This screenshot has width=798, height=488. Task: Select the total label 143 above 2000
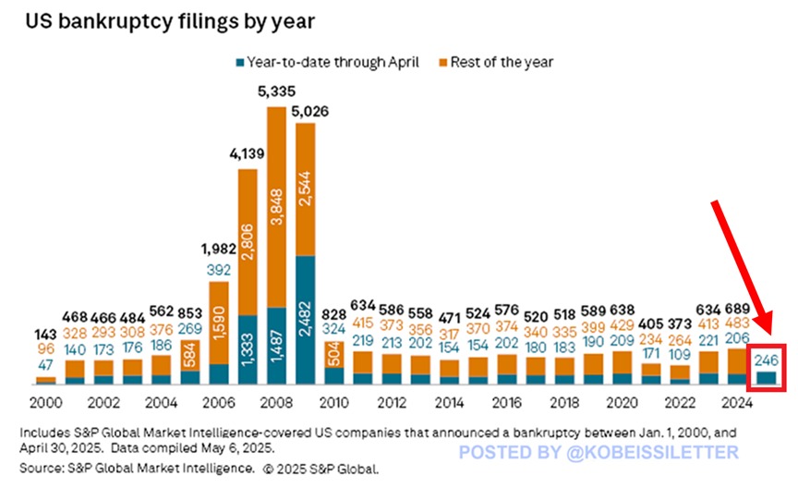pos(44,335)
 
